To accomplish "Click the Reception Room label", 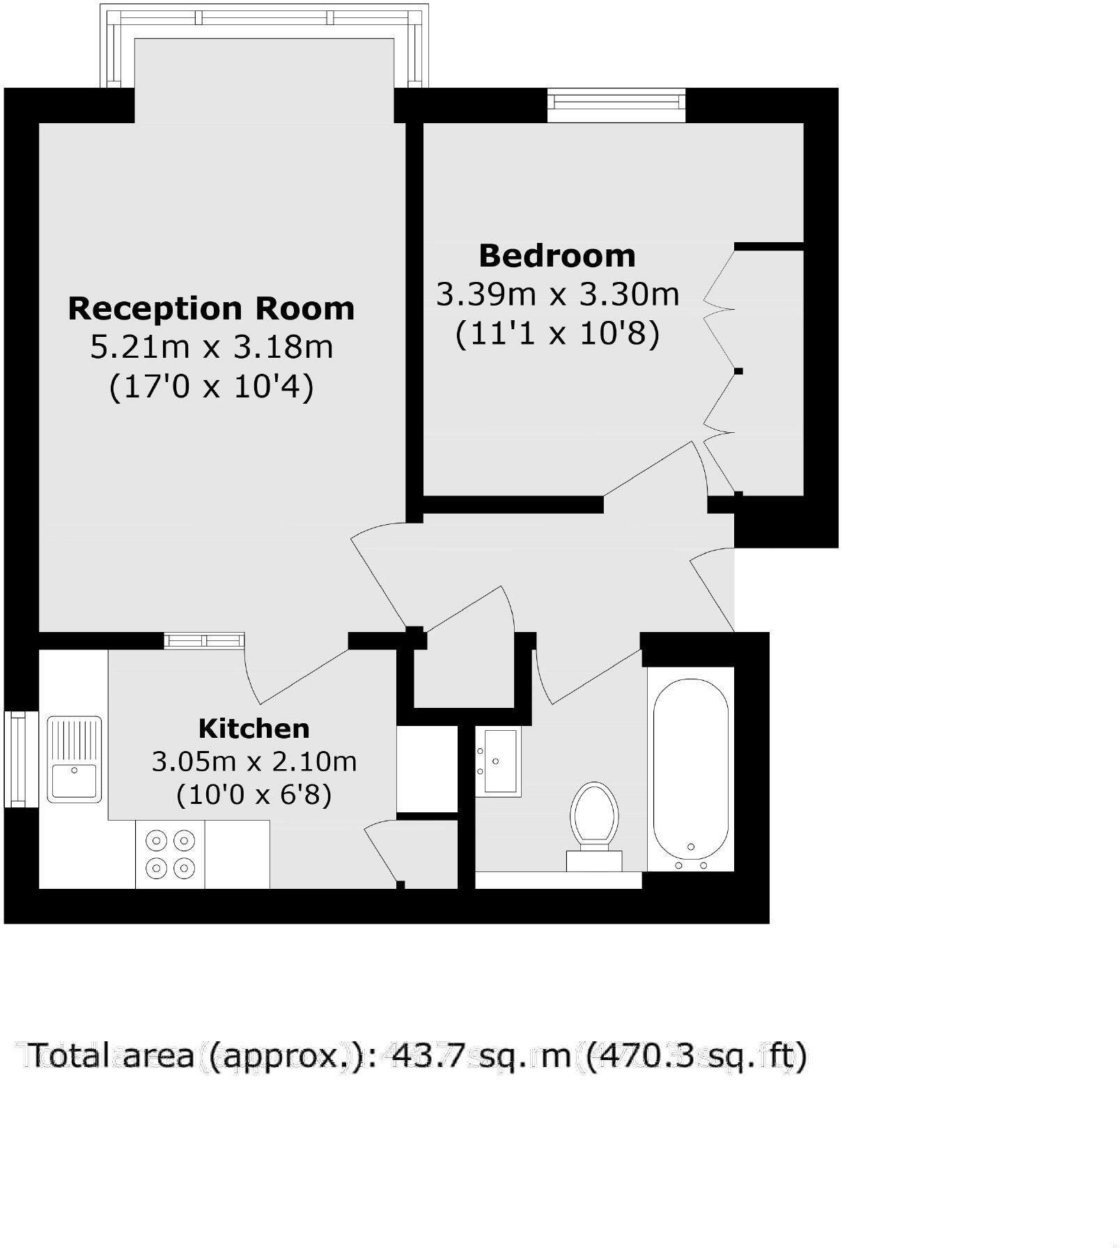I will (211, 308).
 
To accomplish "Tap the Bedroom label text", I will (557, 256).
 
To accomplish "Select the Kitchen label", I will (254, 729).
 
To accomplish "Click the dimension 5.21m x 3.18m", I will (212, 347).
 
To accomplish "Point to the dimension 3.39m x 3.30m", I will (557, 294).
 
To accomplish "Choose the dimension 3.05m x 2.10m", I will (254, 761).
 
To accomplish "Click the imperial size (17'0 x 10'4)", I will (212, 386).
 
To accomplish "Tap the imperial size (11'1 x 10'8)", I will (557, 333).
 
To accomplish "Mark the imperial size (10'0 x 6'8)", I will (254, 793).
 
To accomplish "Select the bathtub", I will (690, 769).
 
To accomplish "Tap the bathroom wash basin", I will (499, 761).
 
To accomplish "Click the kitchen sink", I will (74, 759).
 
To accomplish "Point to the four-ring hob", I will (170, 855).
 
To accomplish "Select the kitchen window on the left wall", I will (21, 759).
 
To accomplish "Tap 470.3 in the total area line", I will (640, 1055).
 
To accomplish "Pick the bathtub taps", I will (691, 864).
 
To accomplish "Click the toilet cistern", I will (594, 860).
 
